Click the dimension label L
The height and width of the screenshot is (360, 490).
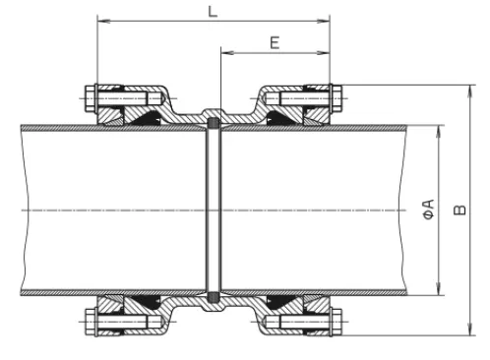(x=213, y=12)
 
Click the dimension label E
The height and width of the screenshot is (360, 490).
(x=275, y=43)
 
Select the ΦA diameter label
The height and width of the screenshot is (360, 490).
(x=428, y=210)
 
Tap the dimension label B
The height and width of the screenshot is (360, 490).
(x=459, y=210)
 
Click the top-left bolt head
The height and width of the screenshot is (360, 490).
(x=91, y=98)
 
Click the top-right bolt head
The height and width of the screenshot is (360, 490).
(x=337, y=98)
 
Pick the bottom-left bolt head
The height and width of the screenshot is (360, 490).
(x=91, y=322)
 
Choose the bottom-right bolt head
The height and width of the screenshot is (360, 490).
(x=337, y=322)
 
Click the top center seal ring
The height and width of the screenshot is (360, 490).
(x=214, y=123)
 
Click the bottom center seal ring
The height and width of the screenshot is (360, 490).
(x=214, y=297)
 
